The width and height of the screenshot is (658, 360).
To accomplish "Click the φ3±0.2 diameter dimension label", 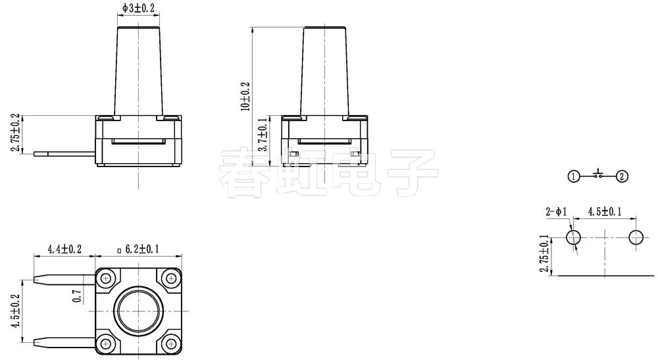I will pyautogui.click(x=139, y=8).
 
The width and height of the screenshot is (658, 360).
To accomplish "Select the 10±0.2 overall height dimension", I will pyautogui.click(x=245, y=96).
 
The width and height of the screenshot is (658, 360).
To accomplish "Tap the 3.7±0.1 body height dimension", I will pyautogui.click(x=263, y=136).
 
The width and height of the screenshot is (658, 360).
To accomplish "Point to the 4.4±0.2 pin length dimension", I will pyautogui.click(x=64, y=249).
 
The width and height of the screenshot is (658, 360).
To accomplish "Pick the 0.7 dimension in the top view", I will pyautogui.click(x=78, y=296).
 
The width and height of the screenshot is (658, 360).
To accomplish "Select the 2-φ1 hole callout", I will pyautogui.click(x=555, y=212).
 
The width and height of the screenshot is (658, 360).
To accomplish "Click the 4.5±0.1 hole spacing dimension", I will pyautogui.click(x=605, y=212).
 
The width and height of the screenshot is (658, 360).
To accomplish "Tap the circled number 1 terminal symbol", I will pyautogui.click(x=574, y=176).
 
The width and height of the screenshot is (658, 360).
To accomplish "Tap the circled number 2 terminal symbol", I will pyautogui.click(x=622, y=176).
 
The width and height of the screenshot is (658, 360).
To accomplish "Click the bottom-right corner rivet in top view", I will pyautogui.click(x=170, y=342).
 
